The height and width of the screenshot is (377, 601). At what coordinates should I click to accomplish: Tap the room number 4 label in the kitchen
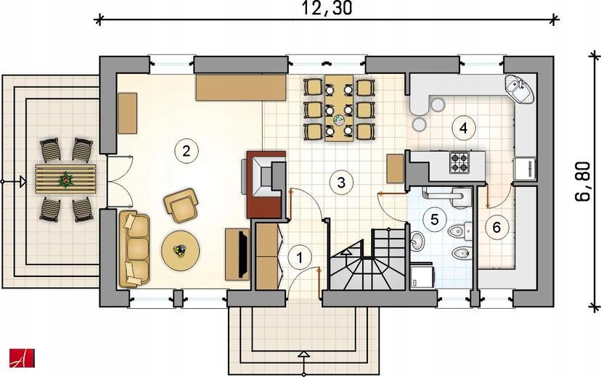point(463,128)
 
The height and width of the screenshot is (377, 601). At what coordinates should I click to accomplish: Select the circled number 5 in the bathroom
point(434,220)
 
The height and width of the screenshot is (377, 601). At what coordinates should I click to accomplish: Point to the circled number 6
point(496,228)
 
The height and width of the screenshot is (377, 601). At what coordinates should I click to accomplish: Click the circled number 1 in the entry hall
point(300,257)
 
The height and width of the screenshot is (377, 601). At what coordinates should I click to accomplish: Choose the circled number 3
point(341,182)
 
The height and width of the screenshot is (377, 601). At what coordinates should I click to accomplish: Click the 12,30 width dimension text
point(327,9)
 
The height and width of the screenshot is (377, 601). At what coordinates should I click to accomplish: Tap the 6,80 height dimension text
point(582,181)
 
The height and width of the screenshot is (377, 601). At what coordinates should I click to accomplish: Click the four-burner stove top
point(459,162)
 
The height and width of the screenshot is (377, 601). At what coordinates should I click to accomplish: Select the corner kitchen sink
point(519,89)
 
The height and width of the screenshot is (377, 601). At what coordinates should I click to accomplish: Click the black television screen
point(242,254)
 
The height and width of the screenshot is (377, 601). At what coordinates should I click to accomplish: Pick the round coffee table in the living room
point(181,250)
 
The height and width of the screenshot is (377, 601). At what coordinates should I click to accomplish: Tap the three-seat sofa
point(134,249)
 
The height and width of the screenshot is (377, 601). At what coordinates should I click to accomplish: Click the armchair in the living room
point(181,204)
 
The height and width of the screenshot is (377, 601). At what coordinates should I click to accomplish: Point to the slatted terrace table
point(65,179)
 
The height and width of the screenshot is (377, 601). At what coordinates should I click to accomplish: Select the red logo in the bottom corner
point(23,358)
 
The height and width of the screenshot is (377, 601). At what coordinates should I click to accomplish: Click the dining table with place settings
point(339,108)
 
